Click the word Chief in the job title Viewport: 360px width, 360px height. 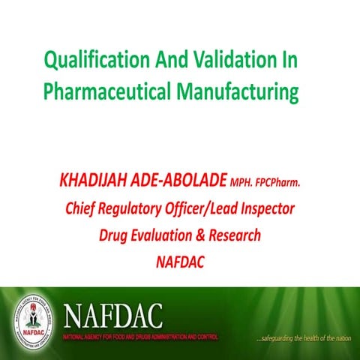click(x=82, y=208)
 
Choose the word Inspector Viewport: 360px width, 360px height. click(x=264, y=208)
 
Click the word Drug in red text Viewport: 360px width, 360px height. click(x=114, y=235)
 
